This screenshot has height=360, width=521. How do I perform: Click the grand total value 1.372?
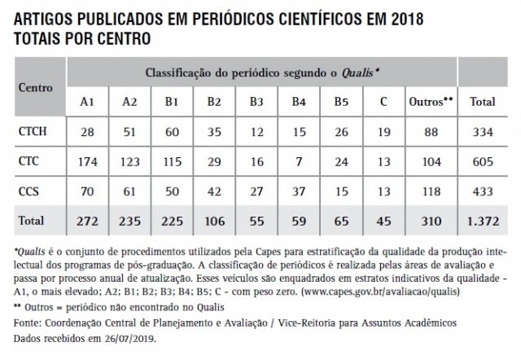click(x=485, y=221)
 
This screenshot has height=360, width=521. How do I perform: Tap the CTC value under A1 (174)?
click(x=88, y=160)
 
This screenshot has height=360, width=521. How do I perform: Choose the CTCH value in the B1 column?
click(x=173, y=130)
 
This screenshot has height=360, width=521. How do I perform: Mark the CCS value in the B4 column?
click(x=299, y=191)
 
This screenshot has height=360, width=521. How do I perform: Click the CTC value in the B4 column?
click(x=299, y=160)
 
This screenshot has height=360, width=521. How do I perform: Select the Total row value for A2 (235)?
click(x=130, y=221)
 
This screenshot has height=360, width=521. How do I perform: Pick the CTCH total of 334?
click(x=485, y=130)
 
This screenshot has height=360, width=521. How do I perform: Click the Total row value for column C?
click(x=383, y=221)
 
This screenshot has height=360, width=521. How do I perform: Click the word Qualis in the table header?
click(x=362, y=72)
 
